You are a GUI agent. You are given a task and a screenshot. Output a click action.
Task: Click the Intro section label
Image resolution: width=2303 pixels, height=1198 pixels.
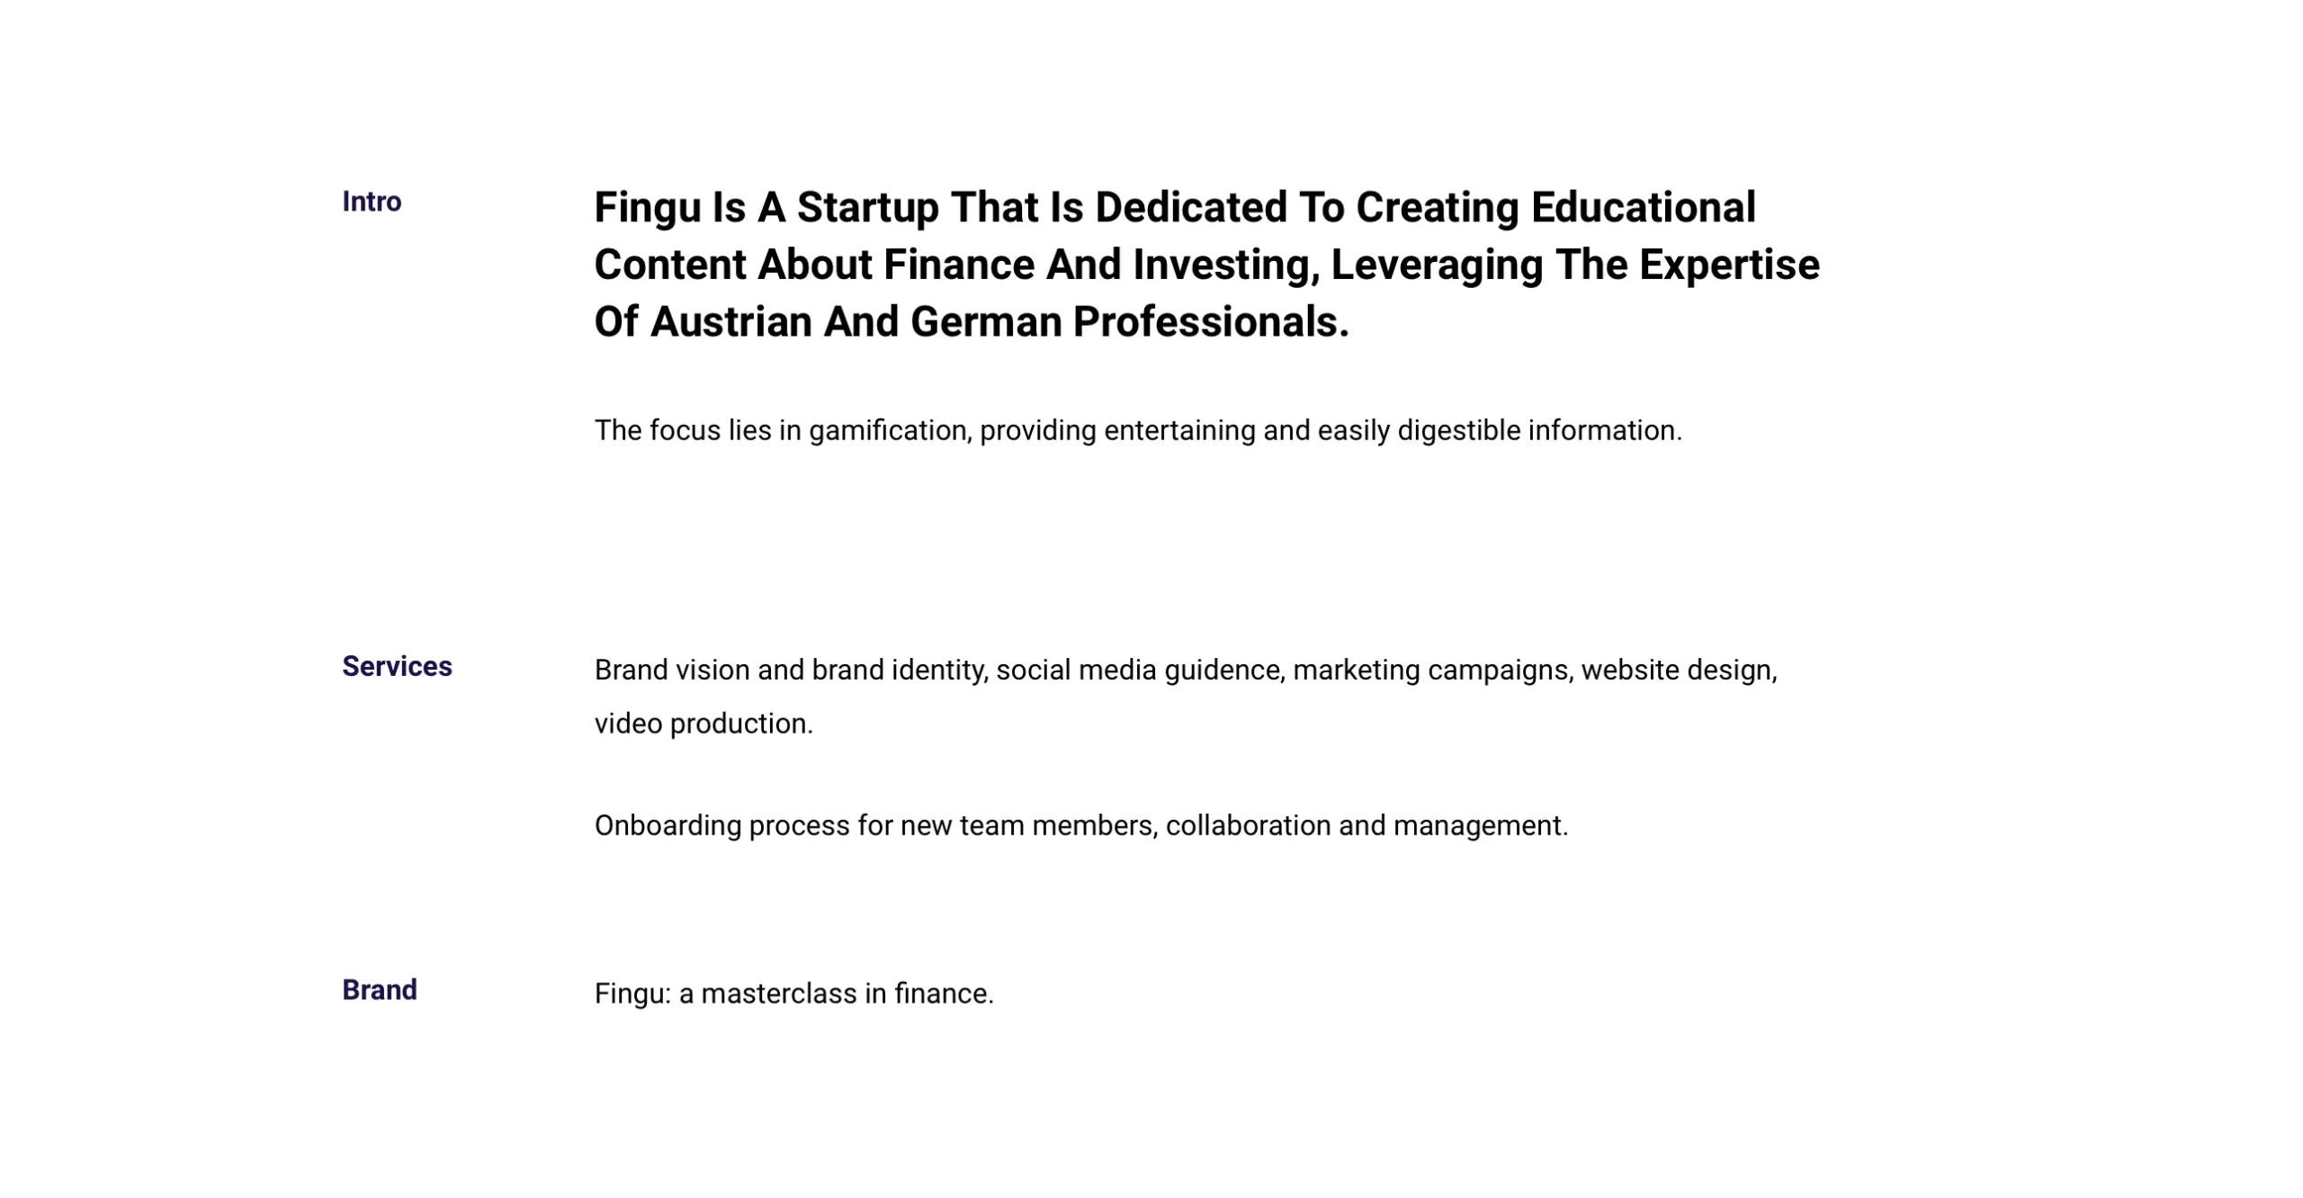click(x=372, y=202)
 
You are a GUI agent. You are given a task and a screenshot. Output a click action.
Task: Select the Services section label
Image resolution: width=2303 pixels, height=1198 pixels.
click(x=397, y=666)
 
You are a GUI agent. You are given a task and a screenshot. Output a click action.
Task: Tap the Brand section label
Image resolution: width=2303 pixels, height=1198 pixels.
click(x=380, y=990)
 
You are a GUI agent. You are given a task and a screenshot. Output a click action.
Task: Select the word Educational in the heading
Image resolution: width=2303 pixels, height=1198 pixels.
click(x=1644, y=207)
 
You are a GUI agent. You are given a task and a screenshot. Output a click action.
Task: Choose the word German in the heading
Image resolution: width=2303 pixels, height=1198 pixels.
click(x=986, y=322)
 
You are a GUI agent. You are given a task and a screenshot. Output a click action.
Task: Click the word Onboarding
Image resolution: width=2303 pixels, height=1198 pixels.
click(x=668, y=827)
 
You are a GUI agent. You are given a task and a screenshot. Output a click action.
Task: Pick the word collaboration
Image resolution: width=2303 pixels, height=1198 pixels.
click(x=1248, y=825)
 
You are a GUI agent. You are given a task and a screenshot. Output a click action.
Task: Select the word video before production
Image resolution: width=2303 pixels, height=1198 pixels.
click(x=628, y=724)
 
